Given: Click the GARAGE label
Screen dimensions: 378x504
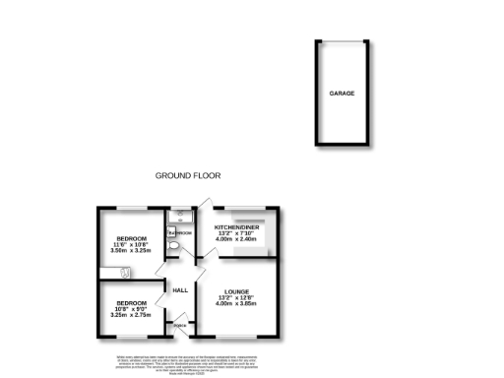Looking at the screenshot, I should click(342, 94).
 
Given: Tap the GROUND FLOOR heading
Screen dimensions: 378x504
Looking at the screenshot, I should click(188, 176).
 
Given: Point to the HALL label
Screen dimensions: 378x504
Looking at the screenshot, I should click(180, 290).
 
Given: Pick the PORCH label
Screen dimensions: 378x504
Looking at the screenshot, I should click(180, 326).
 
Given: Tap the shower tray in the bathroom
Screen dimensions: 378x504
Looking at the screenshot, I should click(180, 217).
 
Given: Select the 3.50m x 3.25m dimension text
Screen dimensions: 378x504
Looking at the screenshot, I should click(132, 251).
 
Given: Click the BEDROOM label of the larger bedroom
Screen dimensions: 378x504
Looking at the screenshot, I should click(132, 239).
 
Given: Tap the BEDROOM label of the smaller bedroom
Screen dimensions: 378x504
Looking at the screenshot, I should click(132, 302).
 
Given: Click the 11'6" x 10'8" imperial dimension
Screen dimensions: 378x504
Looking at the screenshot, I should click(132, 245).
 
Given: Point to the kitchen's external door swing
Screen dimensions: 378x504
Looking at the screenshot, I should click(204, 207).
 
